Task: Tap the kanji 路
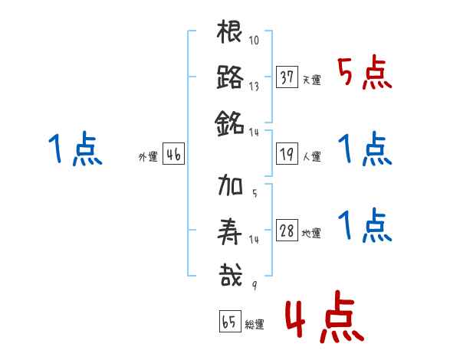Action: (x=230, y=77)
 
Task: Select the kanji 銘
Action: (x=230, y=123)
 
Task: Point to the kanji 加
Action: (x=230, y=186)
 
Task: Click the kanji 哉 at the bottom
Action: (x=230, y=275)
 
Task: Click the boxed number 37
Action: (x=287, y=77)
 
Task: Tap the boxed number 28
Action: (x=287, y=231)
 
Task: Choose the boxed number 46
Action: (x=173, y=155)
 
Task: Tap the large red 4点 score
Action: (x=323, y=321)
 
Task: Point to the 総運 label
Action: (x=254, y=325)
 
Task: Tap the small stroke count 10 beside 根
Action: (x=254, y=40)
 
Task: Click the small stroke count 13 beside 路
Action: (x=254, y=86)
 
